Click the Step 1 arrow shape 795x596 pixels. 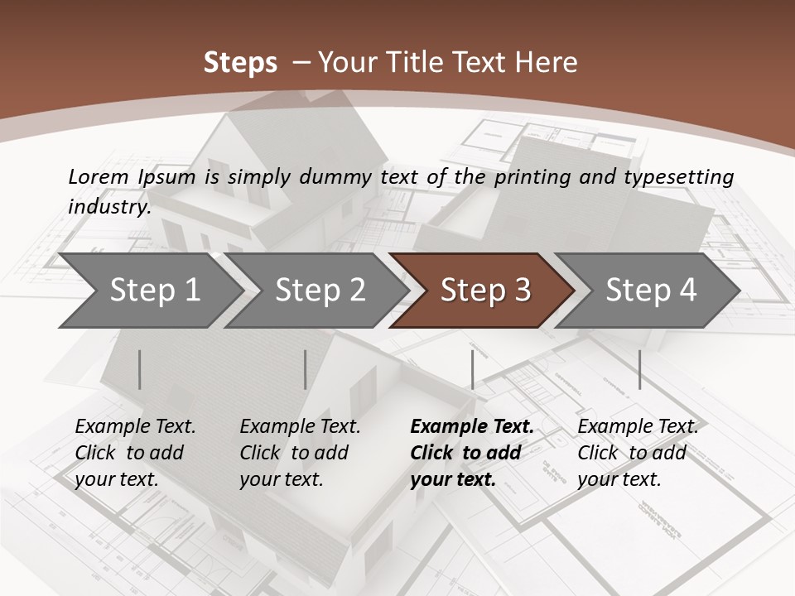click(x=154, y=291)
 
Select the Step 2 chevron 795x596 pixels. click(x=320, y=291)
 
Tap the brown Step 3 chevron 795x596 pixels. click(x=485, y=291)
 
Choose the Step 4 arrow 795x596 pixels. click(x=651, y=291)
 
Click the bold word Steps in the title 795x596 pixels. click(x=240, y=63)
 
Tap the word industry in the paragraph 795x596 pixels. click(x=108, y=206)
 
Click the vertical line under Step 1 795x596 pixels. click(x=139, y=369)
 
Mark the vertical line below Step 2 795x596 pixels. click(x=306, y=369)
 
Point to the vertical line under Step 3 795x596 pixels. click(x=472, y=369)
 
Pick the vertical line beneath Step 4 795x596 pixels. click(x=639, y=369)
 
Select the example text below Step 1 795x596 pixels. click(x=135, y=453)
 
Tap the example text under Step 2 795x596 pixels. click(x=300, y=453)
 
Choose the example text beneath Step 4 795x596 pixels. click(x=638, y=453)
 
